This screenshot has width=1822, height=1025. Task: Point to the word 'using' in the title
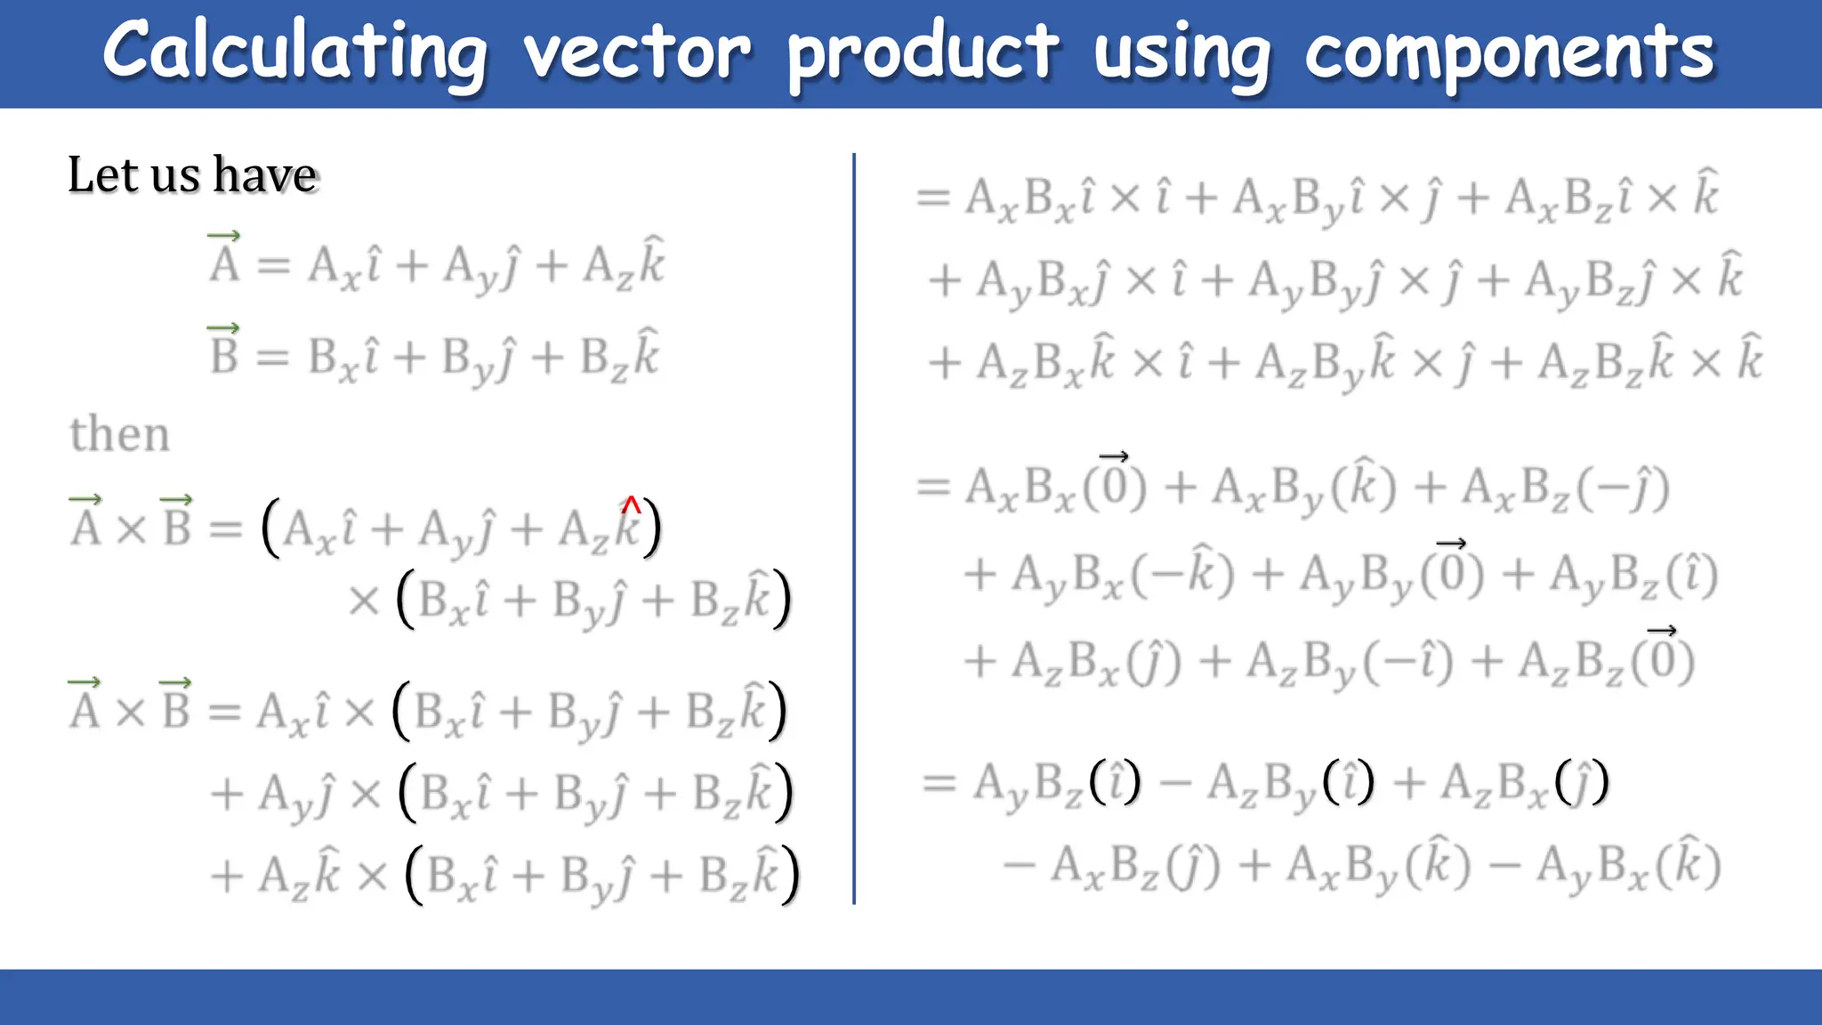[x=1182, y=55]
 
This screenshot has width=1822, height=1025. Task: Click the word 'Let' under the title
[x=101, y=174]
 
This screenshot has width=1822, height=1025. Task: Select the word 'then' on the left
[x=119, y=434]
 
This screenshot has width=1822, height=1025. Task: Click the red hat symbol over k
[x=631, y=505]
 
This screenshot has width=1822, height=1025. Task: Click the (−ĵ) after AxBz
[x=1624, y=488]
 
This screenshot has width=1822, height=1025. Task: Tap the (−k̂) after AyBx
[x=1182, y=575]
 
